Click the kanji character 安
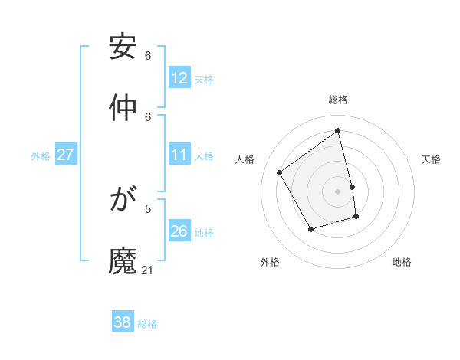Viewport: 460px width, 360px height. tap(123, 47)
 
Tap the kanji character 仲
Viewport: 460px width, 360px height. tap(123, 109)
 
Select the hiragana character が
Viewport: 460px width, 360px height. tap(123, 201)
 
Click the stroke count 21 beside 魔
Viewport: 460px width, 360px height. tap(148, 270)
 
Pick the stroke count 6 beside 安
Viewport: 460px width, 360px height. tap(148, 56)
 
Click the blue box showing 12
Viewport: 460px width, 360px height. tap(179, 78)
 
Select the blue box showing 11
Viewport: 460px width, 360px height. tap(179, 155)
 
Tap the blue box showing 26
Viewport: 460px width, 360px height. tap(179, 231)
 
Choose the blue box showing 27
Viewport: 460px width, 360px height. tap(65, 155)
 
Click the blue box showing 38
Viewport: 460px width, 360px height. tap(123, 322)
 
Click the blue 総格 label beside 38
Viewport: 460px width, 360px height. tap(147, 324)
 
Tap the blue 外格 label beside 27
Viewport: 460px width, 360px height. tap(41, 156)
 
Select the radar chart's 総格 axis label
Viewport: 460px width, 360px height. tap(338, 100)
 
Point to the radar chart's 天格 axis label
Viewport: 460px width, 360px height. tap(432, 159)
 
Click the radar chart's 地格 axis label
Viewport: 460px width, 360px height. tap(402, 262)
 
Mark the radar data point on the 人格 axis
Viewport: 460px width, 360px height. tap(280, 172)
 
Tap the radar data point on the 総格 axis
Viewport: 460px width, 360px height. tap(338, 130)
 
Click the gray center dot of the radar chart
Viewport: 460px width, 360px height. tap(338, 191)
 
